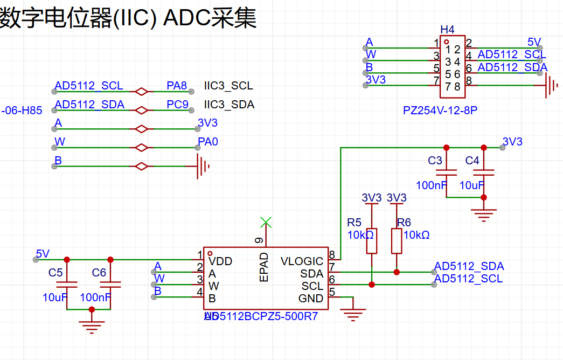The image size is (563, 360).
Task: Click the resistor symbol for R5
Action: [x=372, y=241]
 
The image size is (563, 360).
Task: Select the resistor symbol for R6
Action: [x=397, y=241]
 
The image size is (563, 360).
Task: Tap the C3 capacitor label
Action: [x=435, y=161]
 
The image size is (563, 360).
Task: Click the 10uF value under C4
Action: [x=472, y=185]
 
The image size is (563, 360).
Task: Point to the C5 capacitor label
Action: [x=55, y=273]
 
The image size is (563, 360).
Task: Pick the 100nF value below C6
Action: [x=95, y=297]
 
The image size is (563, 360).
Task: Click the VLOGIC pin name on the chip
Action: [x=302, y=261]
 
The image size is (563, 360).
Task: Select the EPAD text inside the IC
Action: [x=265, y=267]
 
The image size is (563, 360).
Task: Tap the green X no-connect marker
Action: [x=265, y=221]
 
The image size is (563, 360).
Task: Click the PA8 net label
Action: [x=177, y=85]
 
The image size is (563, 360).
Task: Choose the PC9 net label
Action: [x=178, y=105]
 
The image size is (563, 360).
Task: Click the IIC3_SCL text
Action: [x=228, y=86]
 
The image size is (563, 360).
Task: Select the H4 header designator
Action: [x=447, y=29]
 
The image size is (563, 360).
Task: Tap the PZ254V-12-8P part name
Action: [x=440, y=110]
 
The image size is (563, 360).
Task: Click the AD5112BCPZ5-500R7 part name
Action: [x=260, y=316]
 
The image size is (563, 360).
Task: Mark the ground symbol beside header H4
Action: [x=551, y=85]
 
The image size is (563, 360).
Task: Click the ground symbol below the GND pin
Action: [x=355, y=313]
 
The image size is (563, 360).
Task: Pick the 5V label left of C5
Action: [x=43, y=253]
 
